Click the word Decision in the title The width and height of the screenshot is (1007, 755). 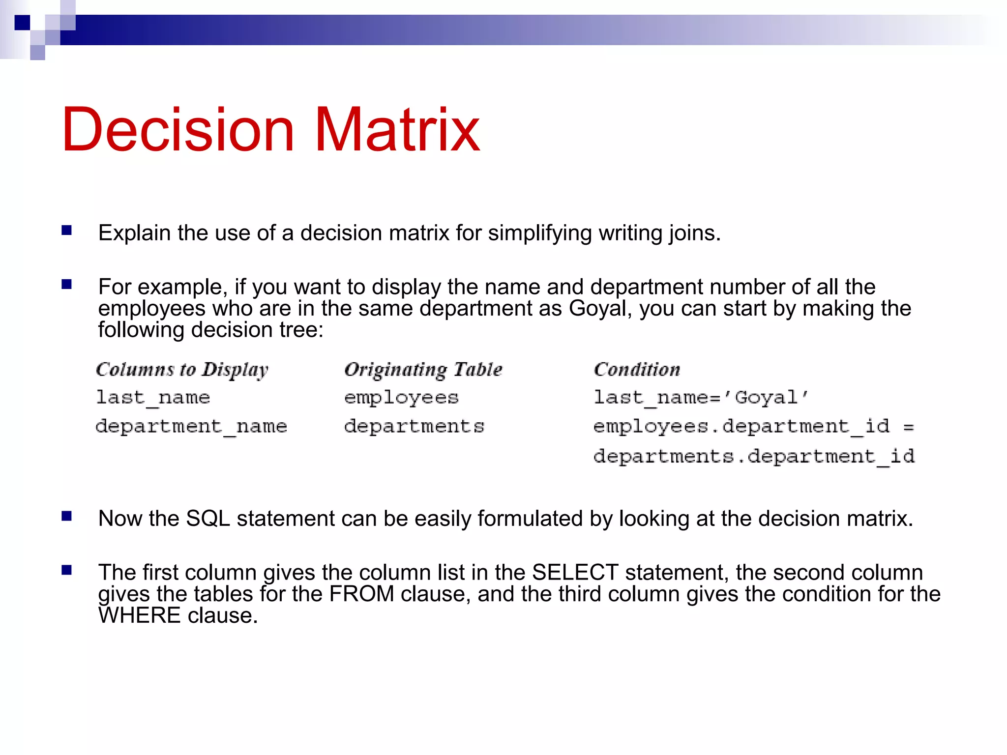(178, 130)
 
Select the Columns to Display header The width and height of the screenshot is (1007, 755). (182, 370)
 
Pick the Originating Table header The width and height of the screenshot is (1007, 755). (423, 370)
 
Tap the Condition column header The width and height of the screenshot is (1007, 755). (637, 370)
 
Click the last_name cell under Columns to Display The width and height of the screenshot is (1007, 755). (153, 397)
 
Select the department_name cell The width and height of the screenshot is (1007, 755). (191, 426)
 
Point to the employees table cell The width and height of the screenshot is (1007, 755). (401, 397)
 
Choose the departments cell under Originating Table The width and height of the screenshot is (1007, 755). (414, 426)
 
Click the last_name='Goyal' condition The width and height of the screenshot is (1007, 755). (701, 397)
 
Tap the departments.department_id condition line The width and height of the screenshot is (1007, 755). (754, 456)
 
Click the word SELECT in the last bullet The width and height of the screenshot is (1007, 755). (575, 573)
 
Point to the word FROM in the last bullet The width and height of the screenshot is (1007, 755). (361, 594)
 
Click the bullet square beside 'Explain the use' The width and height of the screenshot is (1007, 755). (67, 230)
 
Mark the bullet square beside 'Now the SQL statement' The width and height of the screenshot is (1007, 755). (67, 516)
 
